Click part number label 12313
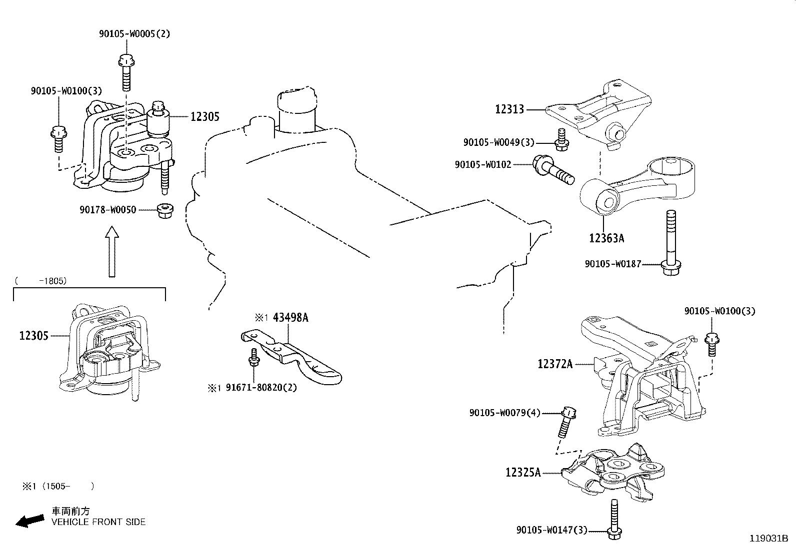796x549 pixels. point(509,109)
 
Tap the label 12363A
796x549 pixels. point(606,238)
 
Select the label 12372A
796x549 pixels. point(554,364)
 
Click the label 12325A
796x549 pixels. point(522,472)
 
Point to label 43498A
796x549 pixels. point(290,317)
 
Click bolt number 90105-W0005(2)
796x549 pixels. point(134,34)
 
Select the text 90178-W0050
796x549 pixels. point(107,210)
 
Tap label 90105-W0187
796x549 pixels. point(612,264)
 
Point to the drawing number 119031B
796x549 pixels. point(768,539)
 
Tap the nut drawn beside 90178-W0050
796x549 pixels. point(163,210)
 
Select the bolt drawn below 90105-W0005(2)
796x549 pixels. point(125,72)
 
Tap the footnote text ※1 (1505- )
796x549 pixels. point(57,486)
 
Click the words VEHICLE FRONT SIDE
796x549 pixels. point(98,522)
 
